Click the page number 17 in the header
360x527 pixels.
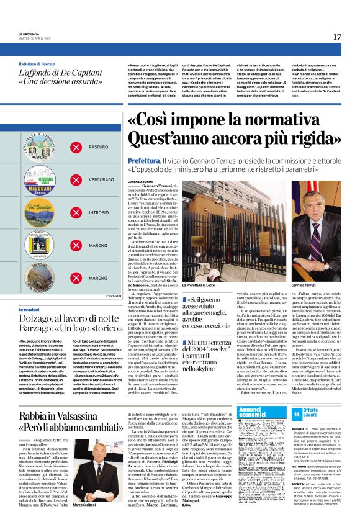point(337,37)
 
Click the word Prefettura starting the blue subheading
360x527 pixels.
point(144,160)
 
